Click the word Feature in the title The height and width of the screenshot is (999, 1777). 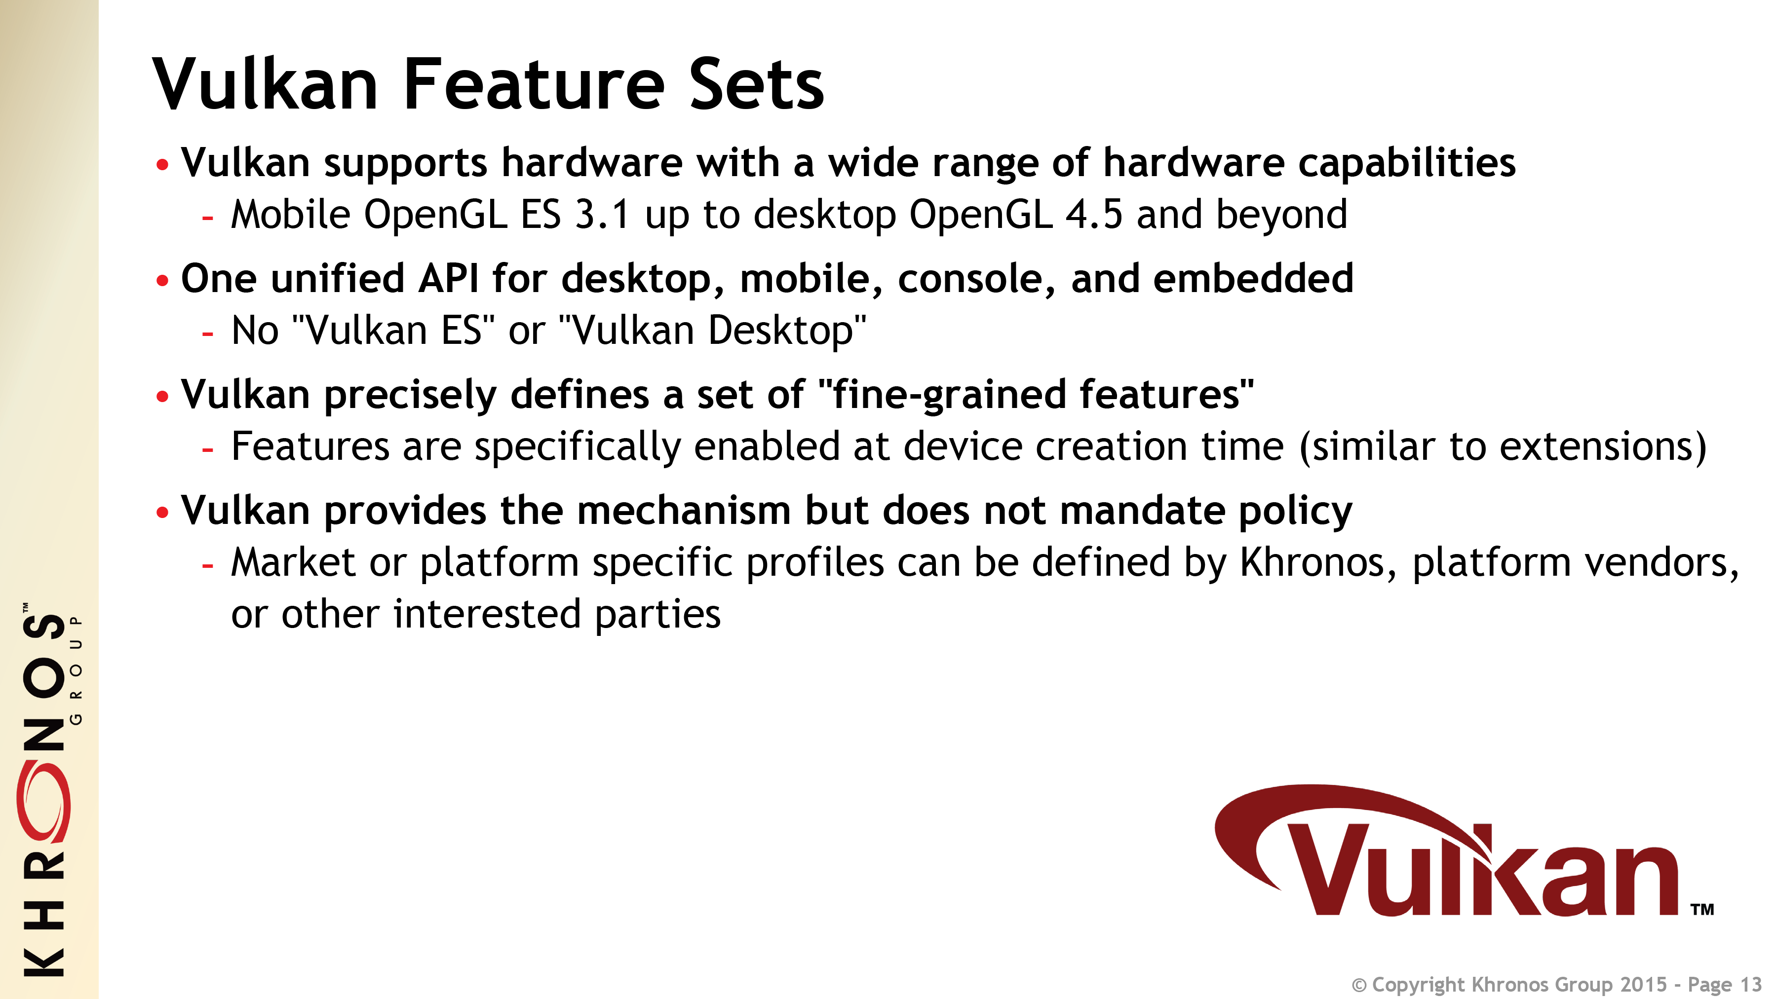pos(534,84)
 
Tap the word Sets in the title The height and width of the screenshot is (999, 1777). pos(757,84)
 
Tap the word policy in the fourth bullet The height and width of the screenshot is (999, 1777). pos(1296,512)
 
